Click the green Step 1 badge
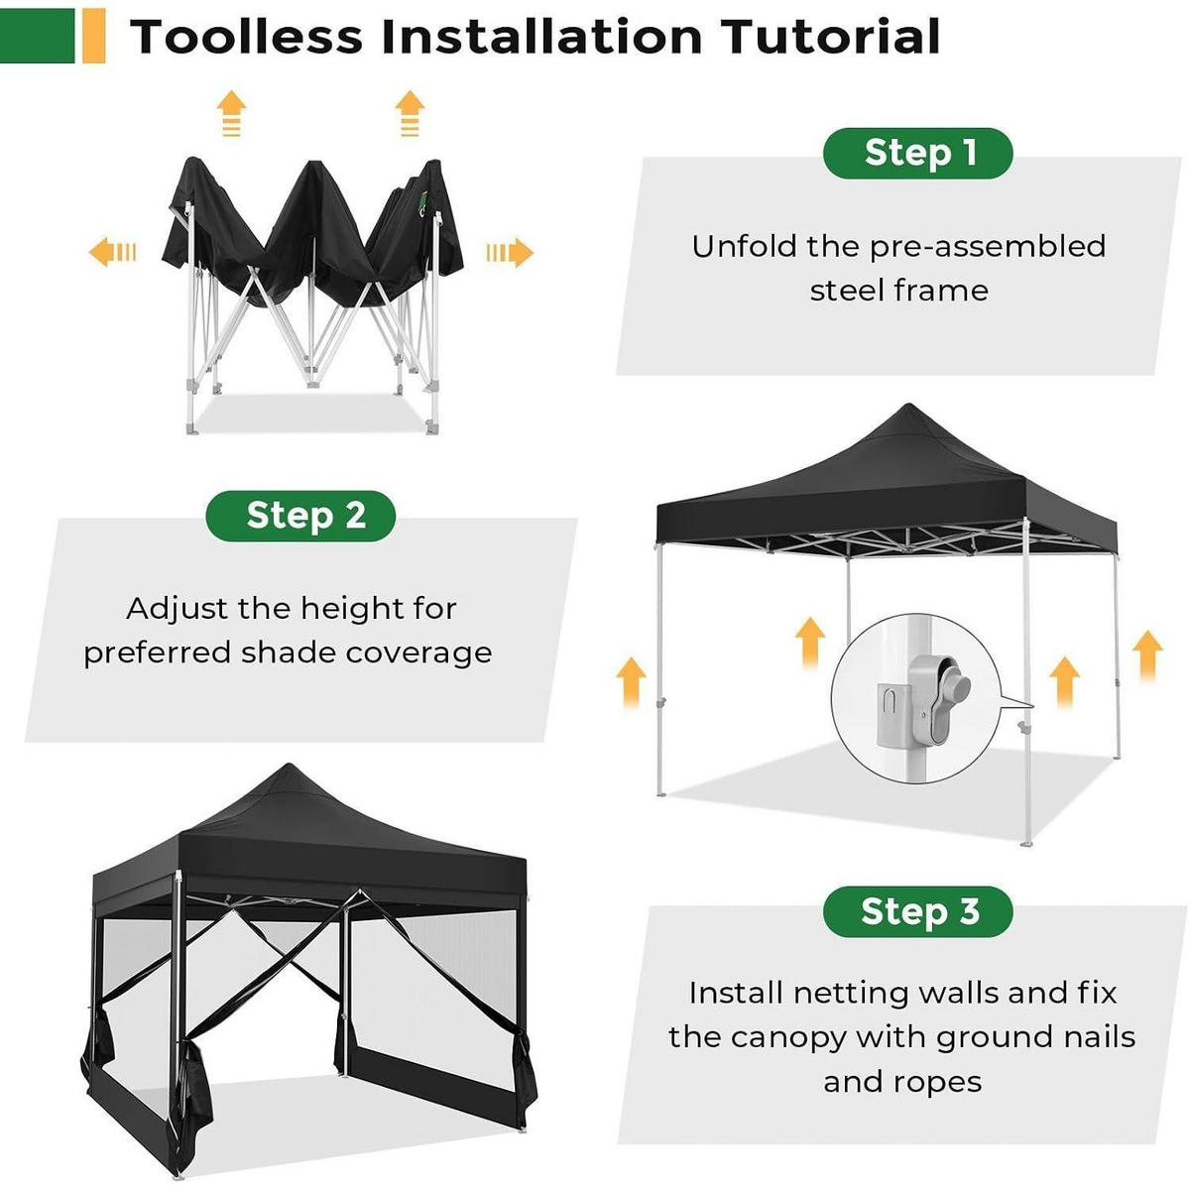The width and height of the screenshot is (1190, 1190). click(917, 153)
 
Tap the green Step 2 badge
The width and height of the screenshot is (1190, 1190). click(300, 516)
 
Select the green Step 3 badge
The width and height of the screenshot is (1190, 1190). click(917, 911)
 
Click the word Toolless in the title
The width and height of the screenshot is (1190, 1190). click(246, 37)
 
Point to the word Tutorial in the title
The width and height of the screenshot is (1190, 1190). click(832, 37)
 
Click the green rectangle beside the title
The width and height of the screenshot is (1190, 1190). click(37, 36)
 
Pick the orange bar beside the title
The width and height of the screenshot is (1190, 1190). click(94, 36)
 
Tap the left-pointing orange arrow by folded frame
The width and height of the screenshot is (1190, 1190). click(112, 252)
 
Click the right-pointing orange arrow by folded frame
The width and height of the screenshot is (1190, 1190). click(510, 252)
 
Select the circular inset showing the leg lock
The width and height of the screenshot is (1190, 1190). click(916, 698)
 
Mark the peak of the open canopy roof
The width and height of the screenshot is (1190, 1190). click(908, 406)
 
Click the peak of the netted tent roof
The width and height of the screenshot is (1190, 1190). click(289, 767)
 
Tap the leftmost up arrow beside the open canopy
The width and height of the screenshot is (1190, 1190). click(631, 682)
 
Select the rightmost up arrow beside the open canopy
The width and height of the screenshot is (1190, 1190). click(1147, 655)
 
